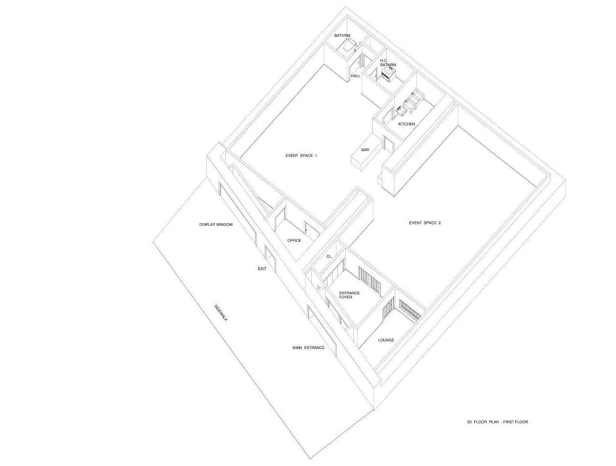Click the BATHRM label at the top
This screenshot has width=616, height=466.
342,35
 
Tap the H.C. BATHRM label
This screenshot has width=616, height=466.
388,63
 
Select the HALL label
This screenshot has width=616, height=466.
356,76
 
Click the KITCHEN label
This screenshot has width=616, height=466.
407,124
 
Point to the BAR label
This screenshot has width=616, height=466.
365,150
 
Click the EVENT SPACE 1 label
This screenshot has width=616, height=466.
301,156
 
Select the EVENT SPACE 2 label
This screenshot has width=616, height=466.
425,223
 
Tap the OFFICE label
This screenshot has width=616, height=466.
294,241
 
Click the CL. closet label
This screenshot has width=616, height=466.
329,256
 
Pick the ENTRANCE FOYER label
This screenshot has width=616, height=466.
350,295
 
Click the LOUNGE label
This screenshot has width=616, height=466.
386,340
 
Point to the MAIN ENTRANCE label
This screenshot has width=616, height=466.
308,347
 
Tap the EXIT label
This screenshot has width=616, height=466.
262,269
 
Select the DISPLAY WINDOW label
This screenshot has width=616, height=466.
216,225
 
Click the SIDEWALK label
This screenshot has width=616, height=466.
221,313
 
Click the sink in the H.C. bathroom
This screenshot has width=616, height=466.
389,74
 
